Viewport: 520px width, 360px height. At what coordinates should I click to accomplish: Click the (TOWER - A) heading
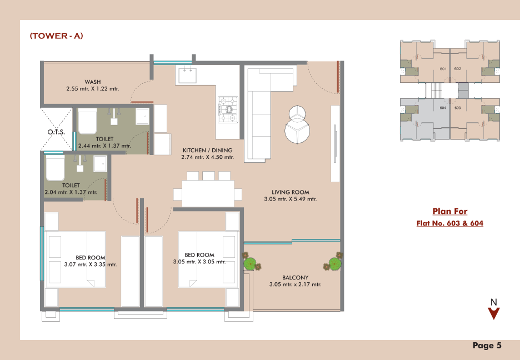(56, 36)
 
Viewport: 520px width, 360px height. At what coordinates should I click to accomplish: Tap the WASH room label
(93, 82)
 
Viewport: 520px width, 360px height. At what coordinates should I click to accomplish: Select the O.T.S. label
(56, 132)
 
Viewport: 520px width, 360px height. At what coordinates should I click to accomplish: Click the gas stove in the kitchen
(228, 109)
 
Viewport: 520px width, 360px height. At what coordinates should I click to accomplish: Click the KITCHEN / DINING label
(208, 150)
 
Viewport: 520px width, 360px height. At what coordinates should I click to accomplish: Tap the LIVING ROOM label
(291, 192)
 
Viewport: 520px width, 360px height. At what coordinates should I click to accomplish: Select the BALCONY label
(295, 277)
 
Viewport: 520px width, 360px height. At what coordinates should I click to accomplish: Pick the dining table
(208, 193)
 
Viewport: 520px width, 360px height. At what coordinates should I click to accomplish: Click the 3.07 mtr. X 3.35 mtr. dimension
(91, 264)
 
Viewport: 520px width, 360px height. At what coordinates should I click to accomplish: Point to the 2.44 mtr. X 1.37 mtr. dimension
(104, 146)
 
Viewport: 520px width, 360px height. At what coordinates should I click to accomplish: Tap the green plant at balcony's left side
(251, 263)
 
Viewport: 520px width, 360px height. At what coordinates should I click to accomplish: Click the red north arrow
(494, 313)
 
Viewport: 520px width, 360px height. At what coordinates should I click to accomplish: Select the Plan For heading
(449, 211)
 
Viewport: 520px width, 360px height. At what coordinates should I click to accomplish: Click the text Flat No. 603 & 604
(449, 223)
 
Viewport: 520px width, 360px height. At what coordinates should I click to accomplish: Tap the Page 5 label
(487, 346)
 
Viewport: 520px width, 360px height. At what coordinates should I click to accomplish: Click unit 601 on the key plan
(443, 69)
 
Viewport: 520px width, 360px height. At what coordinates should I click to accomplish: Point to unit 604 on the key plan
(443, 108)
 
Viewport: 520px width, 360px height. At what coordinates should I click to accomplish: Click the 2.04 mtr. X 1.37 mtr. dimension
(71, 192)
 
